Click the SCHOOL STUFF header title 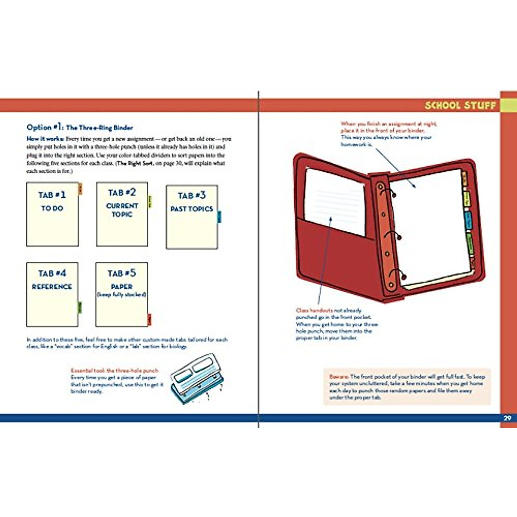pos(460,106)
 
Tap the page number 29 pos(508,418)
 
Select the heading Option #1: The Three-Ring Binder pos(80,127)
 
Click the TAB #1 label pos(52,195)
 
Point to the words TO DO pos(52,208)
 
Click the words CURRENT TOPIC pos(122,210)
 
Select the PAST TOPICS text pos(192,209)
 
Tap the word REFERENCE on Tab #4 pos(52,287)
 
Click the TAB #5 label pos(121,273)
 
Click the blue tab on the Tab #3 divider pos(219,216)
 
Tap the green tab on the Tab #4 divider pos(80,307)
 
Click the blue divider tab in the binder pos(468,221)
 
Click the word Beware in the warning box pos(339,376)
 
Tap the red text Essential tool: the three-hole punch pos(115,371)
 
